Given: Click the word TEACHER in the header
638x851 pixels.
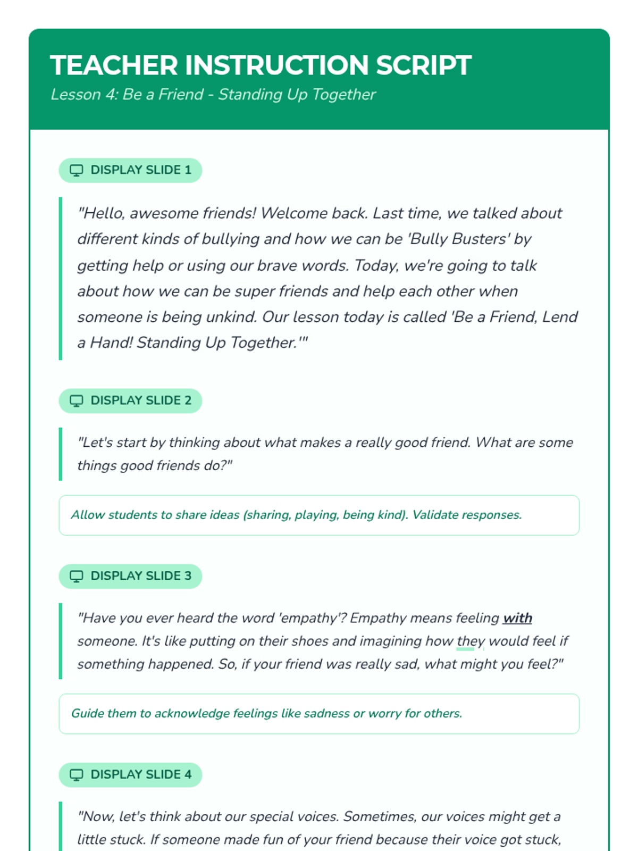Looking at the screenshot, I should (x=114, y=65).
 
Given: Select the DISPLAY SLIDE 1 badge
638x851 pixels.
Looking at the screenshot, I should (x=130, y=170).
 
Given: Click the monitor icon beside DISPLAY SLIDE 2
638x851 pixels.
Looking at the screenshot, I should (x=77, y=401).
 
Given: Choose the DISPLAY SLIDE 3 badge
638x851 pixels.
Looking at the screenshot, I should (x=130, y=576).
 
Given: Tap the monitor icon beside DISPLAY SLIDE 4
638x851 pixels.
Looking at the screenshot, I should (x=77, y=775).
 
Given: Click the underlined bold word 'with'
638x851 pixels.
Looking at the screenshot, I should (x=517, y=618).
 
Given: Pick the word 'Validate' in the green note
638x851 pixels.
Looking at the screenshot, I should (x=435, y=515).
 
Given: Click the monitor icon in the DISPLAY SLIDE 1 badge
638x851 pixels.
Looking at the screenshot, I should (x=77, y=171).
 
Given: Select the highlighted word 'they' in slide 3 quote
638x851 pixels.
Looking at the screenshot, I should (x=471, y=641).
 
